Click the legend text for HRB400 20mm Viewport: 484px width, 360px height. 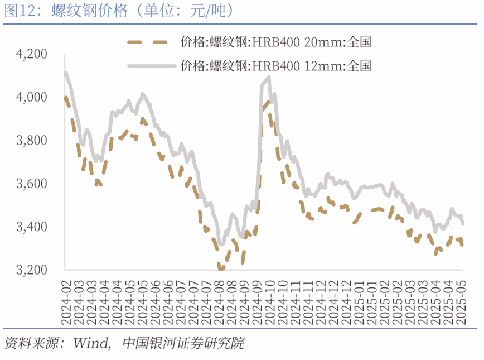[x=275, y=42]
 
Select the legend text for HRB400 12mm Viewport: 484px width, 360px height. [x=275, y=66]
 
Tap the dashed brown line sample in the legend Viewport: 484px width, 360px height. [x=148, y=42]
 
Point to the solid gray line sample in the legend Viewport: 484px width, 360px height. [x=148, y=66]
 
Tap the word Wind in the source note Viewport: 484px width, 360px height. [x=91, y=343]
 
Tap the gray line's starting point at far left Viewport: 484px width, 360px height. [x=66, y=73]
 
